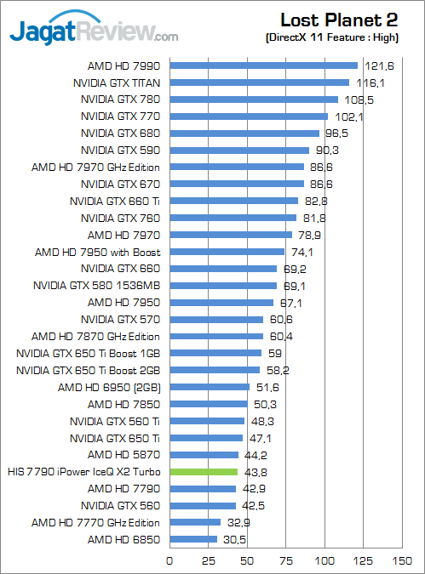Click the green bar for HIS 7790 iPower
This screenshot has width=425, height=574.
click(x=204, y=472)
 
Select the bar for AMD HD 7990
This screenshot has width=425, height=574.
click(x=264, y=65)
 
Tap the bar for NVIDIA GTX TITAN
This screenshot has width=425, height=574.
click(x=260, y=82)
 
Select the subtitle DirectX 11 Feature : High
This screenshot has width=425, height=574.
click(x=338, y=37)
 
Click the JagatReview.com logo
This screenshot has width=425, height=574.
click(x=94, y=32)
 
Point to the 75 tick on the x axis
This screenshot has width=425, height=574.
click(x=286, y=560)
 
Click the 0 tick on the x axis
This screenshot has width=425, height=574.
click(x=170, y=560)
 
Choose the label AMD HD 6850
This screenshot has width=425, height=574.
click(x=123, y=540)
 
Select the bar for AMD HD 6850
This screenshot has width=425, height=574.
click(x=193, y=540)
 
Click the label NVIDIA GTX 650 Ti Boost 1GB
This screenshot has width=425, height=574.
click(x=89, y=354)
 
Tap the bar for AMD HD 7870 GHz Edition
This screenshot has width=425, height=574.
click(x=216, y=337)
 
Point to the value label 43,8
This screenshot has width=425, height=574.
click(x=254, y=472)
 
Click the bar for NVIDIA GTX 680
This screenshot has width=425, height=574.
click(x=244, y=134)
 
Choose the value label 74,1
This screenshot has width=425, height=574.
click(x=301, y=252)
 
